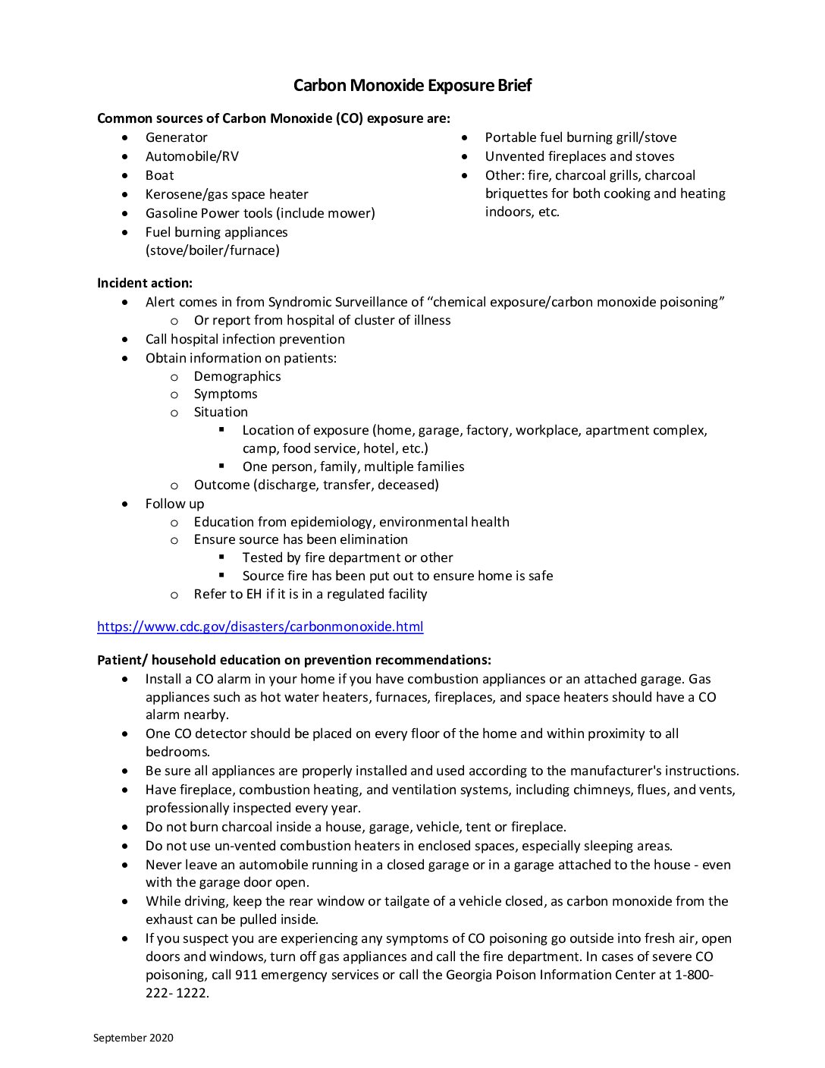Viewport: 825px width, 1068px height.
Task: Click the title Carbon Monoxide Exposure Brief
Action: point(412,85)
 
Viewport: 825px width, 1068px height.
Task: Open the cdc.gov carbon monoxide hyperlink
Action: point(260,627)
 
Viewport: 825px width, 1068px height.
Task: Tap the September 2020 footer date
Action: point(133,1038)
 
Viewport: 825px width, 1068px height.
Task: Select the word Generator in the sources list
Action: point(176,137)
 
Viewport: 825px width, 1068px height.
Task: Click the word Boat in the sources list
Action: point(159,175)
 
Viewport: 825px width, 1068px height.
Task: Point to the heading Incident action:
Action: point(145,283)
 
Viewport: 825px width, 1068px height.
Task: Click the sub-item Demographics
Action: point(237,376)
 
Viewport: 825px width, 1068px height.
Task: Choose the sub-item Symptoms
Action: point(225,394)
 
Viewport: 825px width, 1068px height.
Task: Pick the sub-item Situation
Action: point(221,412)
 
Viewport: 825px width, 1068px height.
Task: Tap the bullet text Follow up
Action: point(174,504)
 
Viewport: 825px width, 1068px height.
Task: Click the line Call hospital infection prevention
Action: point(245,339)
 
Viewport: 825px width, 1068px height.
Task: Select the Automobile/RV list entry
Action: point(192,156)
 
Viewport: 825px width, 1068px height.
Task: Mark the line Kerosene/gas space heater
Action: point(227,194)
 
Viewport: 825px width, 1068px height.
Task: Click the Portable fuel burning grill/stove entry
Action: point(580,137)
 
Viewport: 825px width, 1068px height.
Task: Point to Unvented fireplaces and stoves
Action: point(579,156)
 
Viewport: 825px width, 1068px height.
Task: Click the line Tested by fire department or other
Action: point(347,558)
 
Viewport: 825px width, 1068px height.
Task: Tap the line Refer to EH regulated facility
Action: point(310,594)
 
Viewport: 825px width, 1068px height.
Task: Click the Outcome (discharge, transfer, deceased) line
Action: point(316,485)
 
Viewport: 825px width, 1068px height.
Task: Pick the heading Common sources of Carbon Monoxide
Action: point(273,118)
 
